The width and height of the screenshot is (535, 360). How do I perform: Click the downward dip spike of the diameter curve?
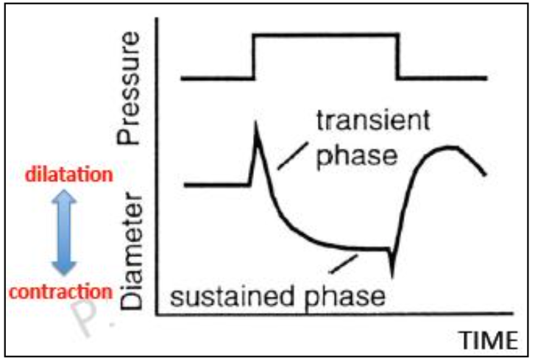tap(393, 274)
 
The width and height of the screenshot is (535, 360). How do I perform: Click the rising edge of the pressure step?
tap(254, 55)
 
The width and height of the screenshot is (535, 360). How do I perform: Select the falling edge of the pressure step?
tap(398, 55)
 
